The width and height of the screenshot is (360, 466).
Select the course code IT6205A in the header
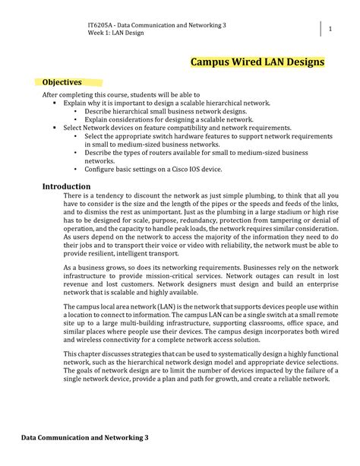(x=102, y=25)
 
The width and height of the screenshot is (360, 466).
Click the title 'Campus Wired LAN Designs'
(x=257, y=61)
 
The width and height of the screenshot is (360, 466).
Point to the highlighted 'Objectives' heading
(x=62, y=82)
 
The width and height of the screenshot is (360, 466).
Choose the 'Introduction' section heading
(x=66, y=185)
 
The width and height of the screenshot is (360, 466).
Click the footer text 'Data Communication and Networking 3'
(x=84, y=438)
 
